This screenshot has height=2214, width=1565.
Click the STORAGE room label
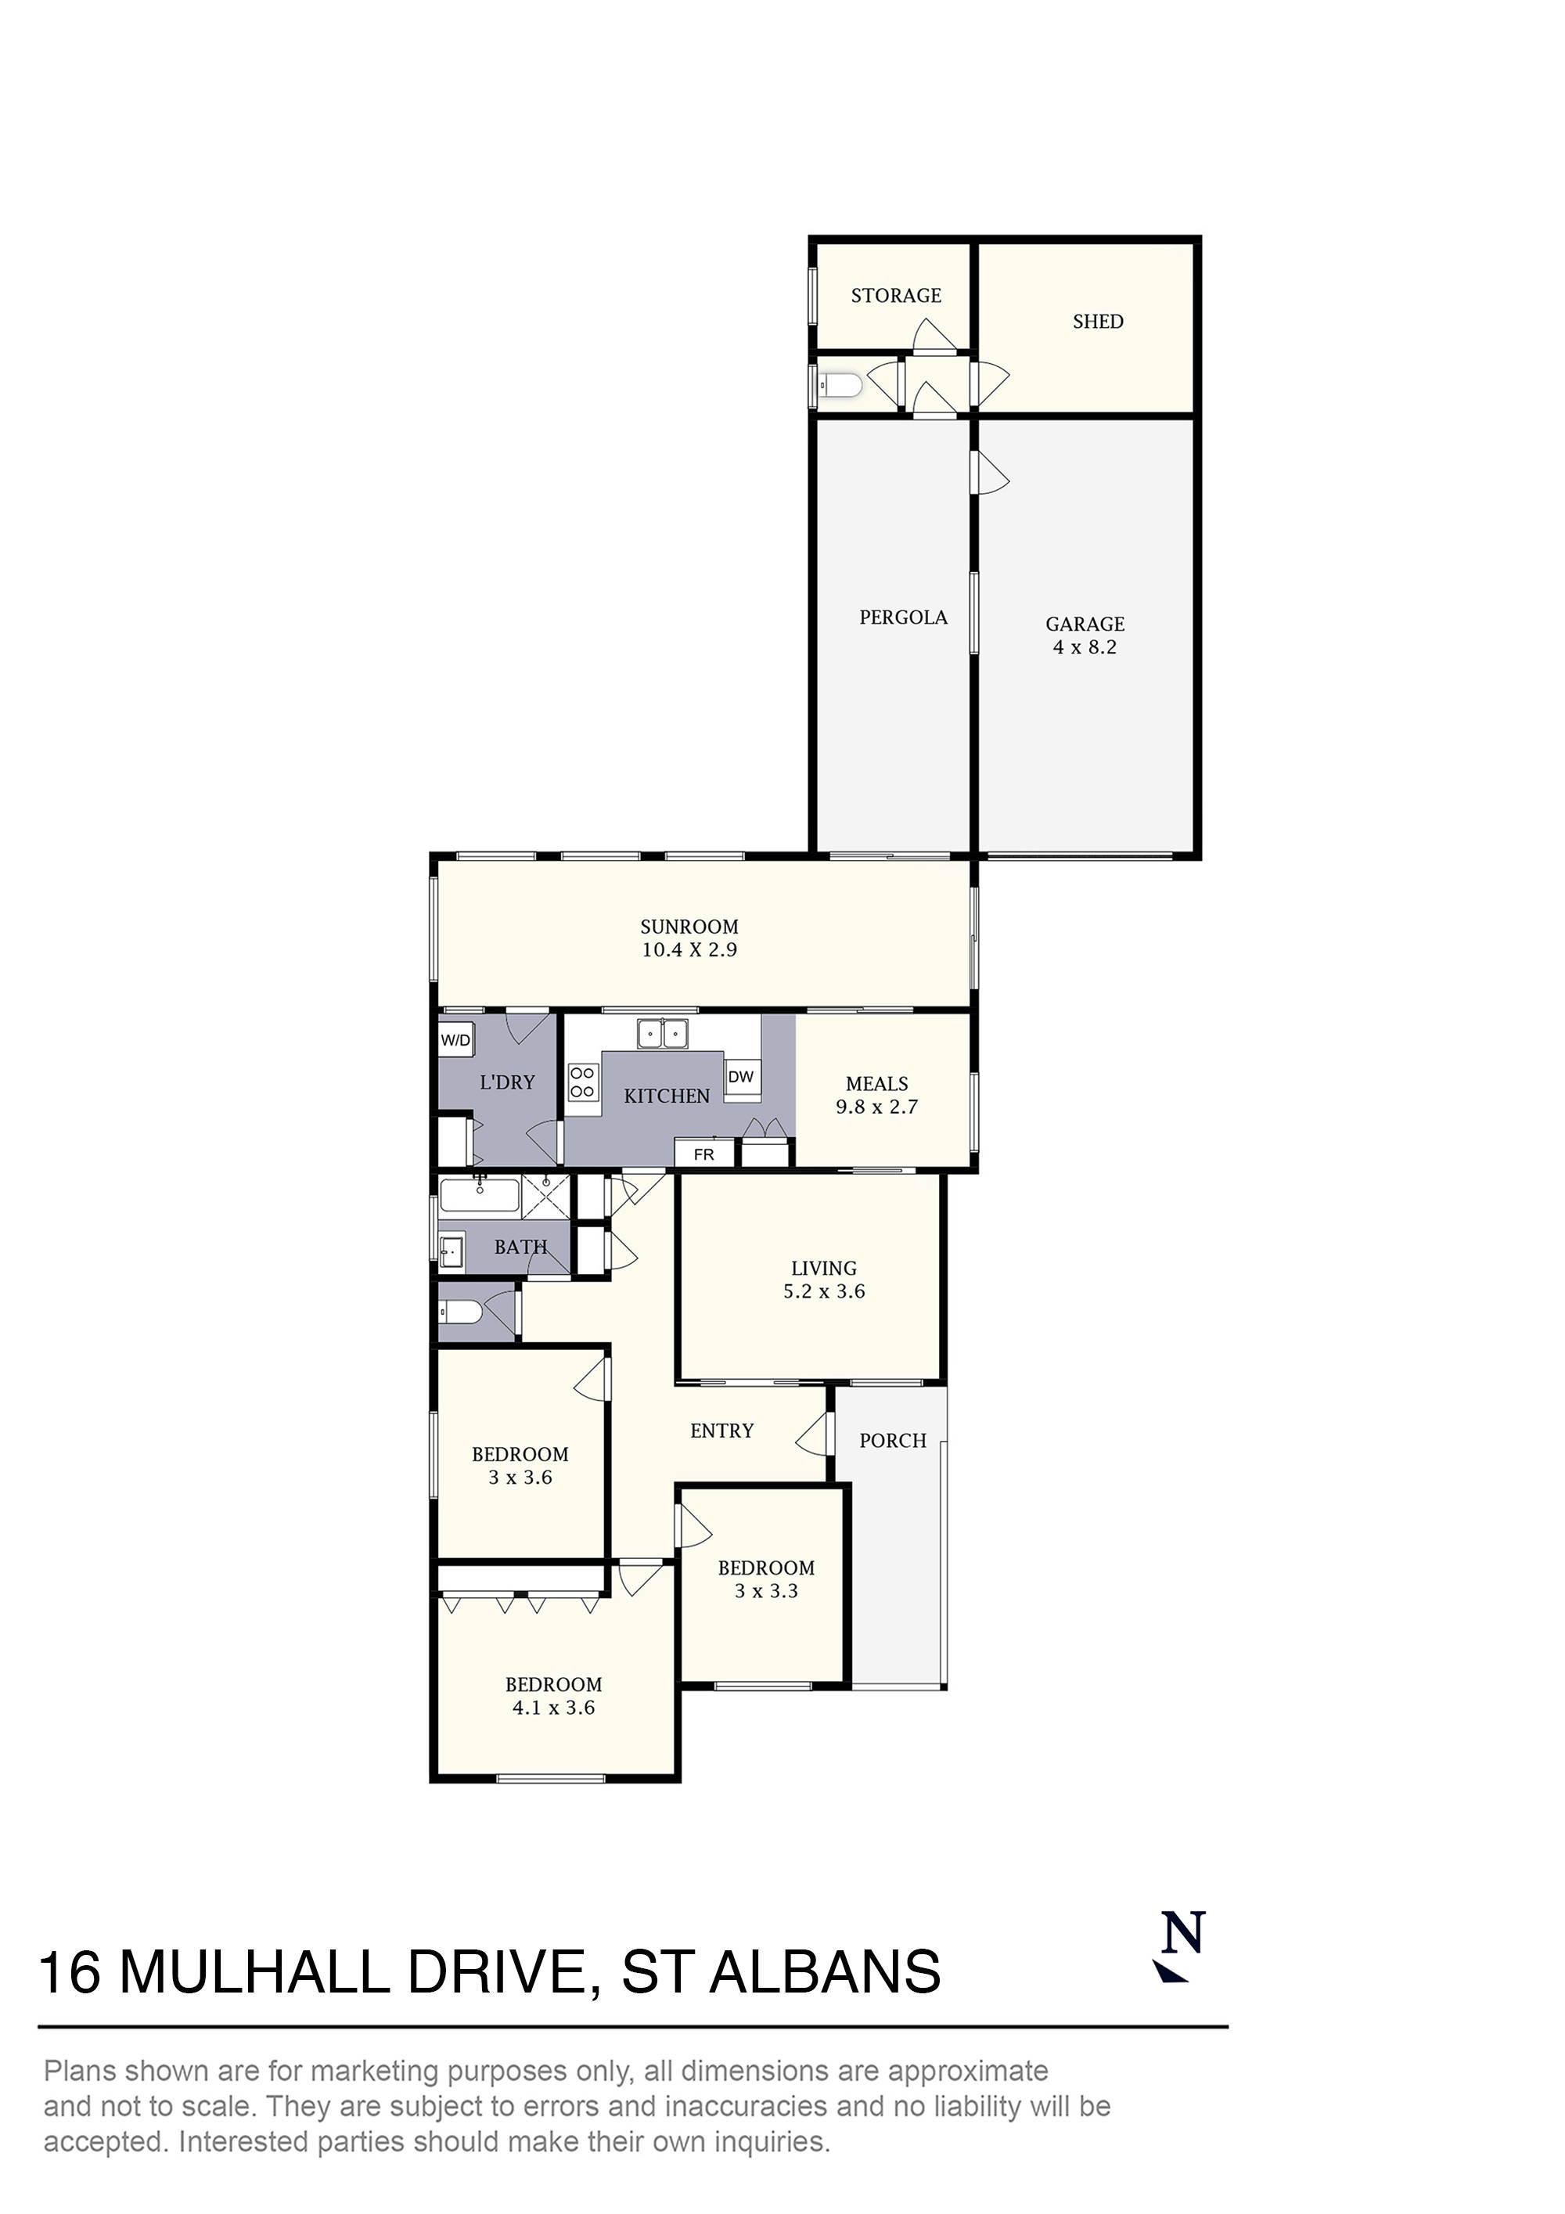(895, 295)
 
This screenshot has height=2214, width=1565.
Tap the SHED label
(1097, 321)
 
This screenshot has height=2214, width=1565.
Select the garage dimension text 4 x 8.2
(1084, 647)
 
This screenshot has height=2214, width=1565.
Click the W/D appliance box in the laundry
(455, 1039)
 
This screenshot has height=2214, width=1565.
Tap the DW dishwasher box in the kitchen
(740, 1077)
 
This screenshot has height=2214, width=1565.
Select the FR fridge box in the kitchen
(704, 1154)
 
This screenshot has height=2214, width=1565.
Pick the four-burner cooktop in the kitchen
(581, 1082)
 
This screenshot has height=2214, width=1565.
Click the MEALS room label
(876, 1083)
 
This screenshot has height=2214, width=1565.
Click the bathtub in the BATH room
(479, 1197)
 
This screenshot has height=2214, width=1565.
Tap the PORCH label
(892, 1441)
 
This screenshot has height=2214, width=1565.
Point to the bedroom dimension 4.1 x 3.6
(552, 1735)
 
